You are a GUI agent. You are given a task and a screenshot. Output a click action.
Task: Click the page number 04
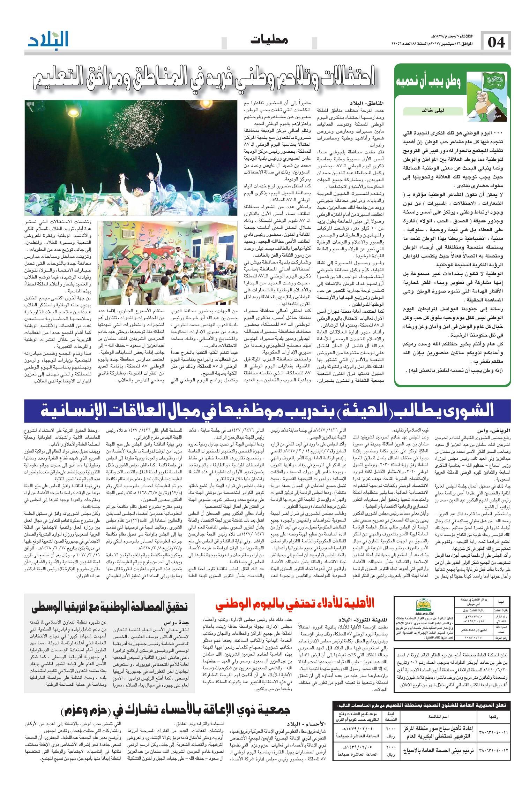tap(495, 43)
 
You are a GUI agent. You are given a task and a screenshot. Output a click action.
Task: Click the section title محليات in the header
tap(269, 41)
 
